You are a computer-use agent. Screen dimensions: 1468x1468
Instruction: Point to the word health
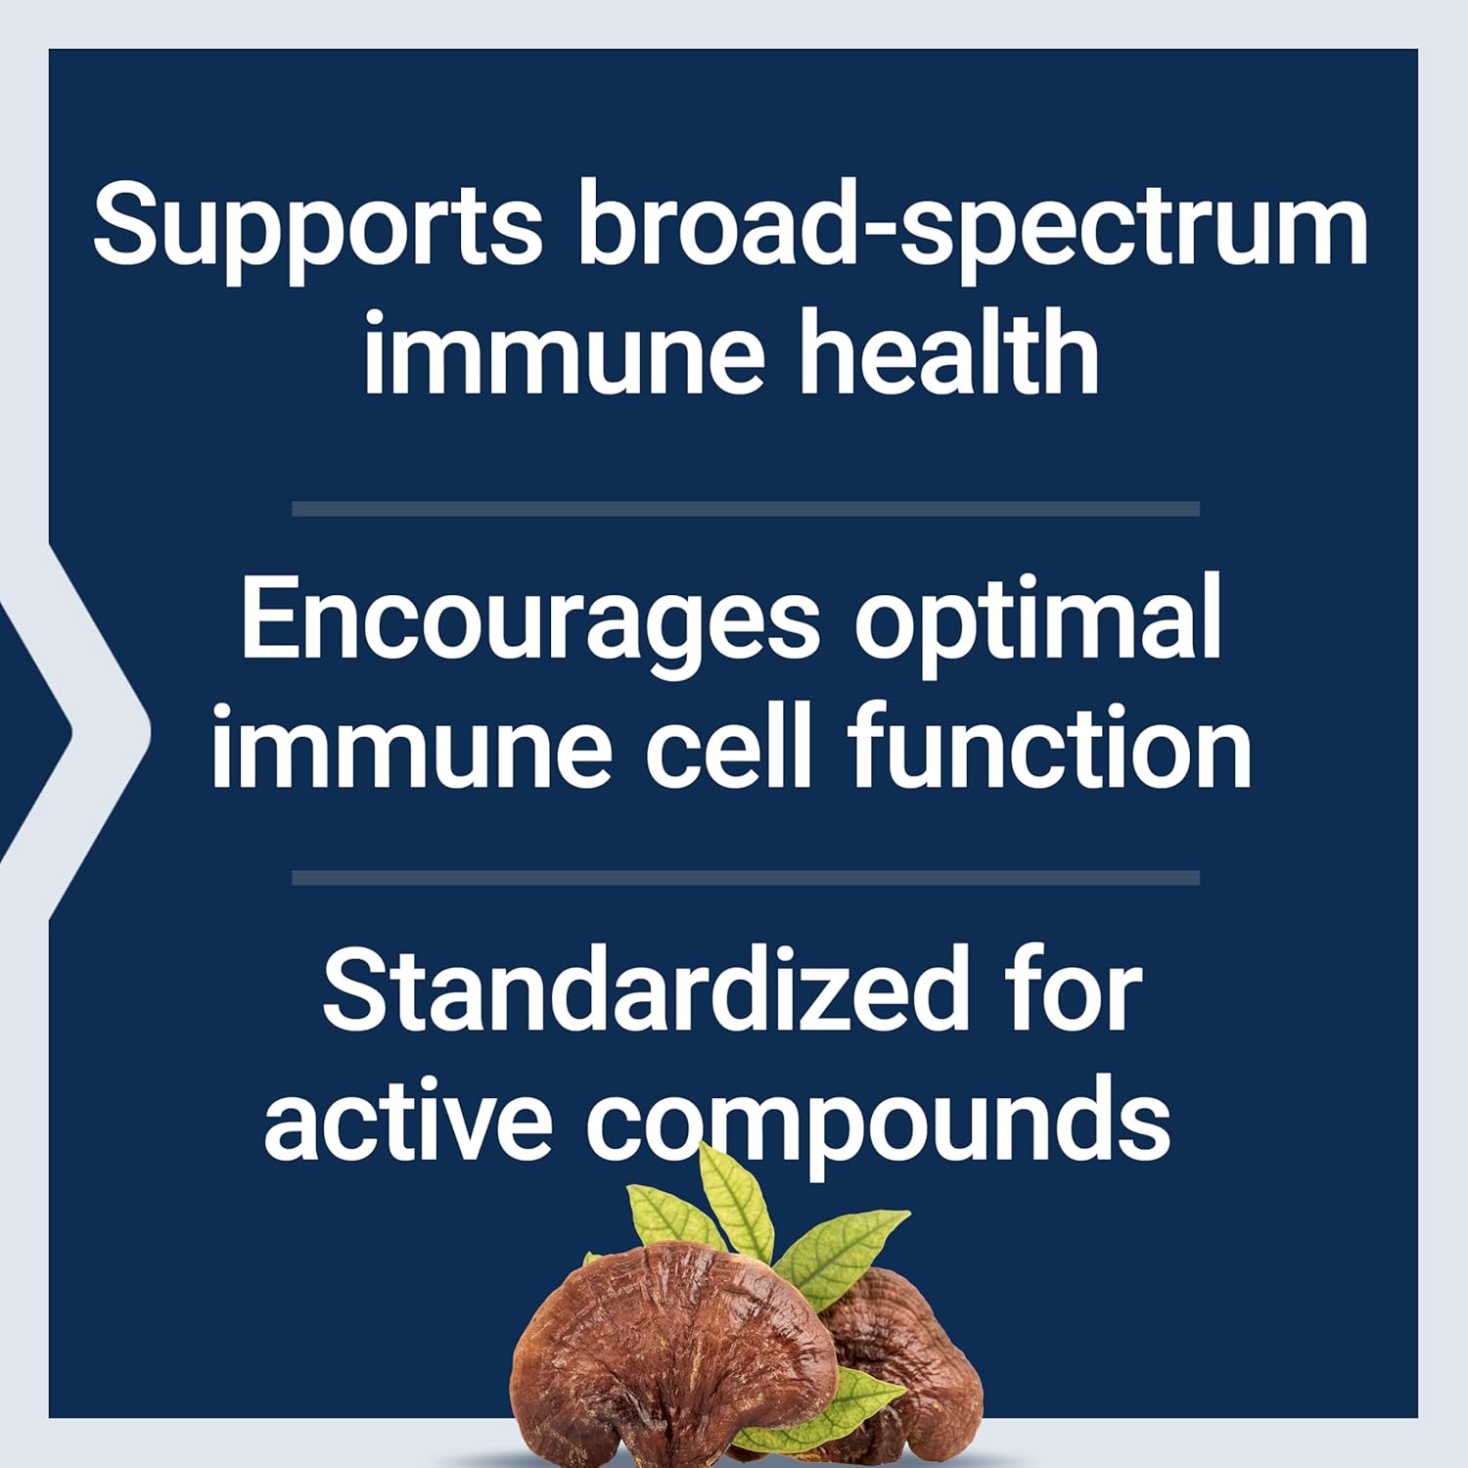[x=949, y=354]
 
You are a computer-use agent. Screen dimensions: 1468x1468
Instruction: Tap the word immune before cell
[x=411, y=749]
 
